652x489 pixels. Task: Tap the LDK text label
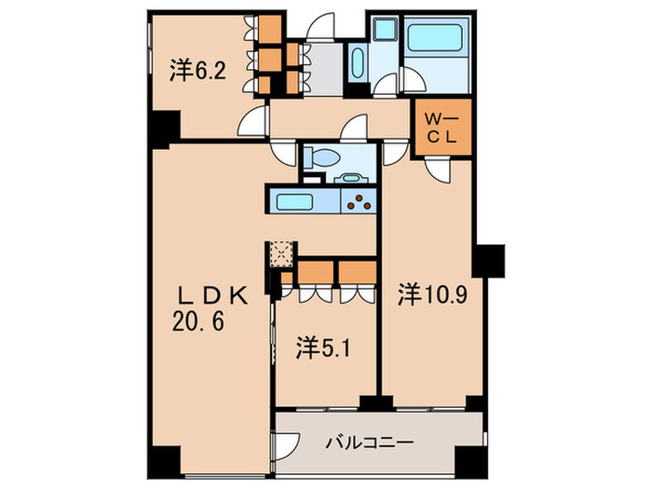(x=214, y=296)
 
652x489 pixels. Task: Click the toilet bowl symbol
(x=316, y=157)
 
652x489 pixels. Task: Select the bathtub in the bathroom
(x=438, y=43)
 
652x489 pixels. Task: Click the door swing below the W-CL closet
(x=436, y=168)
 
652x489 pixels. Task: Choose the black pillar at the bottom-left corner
(x=166, y=461)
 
